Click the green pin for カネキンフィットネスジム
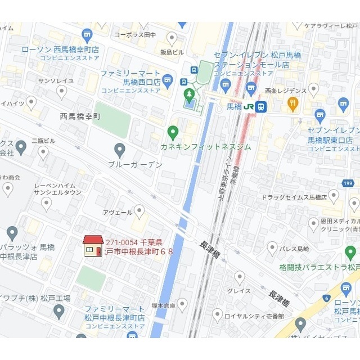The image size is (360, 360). click(173, 133)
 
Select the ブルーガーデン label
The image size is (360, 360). click(136, 165)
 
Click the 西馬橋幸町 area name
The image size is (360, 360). click(80, 116)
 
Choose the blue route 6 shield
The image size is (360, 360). click(326, 298)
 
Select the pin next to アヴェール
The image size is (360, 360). click(139, 211)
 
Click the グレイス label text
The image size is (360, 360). click(239, 291)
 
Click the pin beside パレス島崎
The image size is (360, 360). click(272, 247)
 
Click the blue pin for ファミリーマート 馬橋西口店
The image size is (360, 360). click(168, 78)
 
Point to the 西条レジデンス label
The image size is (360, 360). click(285, 90)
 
